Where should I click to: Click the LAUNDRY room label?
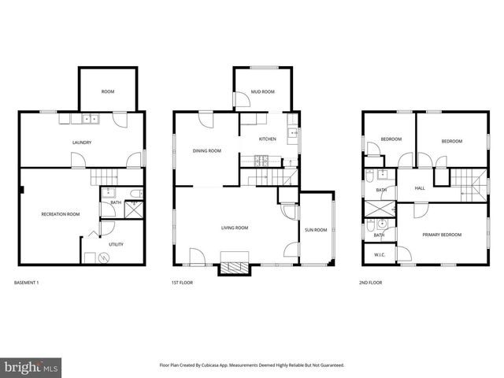tap(83, 143)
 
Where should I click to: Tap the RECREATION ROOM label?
tap(61, 214)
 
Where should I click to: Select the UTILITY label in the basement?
tap(117, 244)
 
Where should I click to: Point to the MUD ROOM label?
tap(262, 92)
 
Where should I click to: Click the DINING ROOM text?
tap(206, 150)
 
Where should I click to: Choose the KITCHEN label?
tap(268, 139)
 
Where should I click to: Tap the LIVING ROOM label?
tap(234, 228)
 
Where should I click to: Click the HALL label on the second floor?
tap(420, 187)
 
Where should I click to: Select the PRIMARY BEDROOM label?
tap(442, 235)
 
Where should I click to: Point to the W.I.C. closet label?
tap(379, 254)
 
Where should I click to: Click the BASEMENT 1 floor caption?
tap(27, 282)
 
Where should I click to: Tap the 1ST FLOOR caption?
tap(182, 282)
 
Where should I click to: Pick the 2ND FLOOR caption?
tap(370, 282)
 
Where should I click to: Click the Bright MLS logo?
tap(31, 367)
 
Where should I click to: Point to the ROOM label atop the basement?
tap(108, 92)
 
